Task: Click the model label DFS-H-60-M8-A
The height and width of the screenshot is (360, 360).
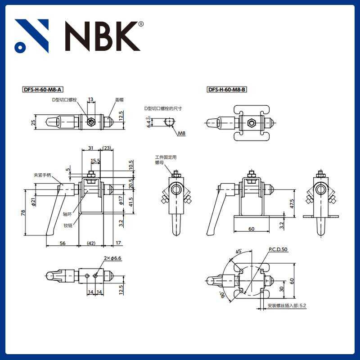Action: [x=45, y=90]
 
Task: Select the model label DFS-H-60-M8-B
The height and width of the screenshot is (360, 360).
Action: [x=227, y=90]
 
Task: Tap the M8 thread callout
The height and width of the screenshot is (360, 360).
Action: [x=181, y=133]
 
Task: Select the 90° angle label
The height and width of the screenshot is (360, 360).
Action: [x=223, y=295]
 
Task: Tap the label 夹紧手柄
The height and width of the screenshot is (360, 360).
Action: [x=43, y=175]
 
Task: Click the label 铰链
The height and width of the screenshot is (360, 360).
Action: [x=67, y=225]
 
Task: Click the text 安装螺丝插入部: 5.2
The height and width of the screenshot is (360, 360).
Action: [x=287, y=306]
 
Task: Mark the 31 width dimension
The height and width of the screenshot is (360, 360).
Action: [x=90, y=148]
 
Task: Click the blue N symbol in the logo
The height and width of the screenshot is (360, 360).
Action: [x=31, y=36]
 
